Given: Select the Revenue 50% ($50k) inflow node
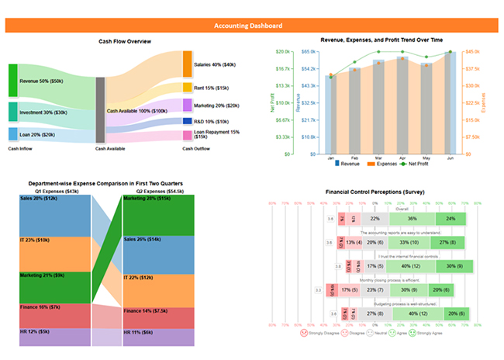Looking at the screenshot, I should pos(12,81).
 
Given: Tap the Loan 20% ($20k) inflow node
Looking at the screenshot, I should pos(12,134).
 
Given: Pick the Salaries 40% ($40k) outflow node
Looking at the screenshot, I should pos(187,64).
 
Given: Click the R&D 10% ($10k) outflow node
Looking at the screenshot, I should pos(187,121).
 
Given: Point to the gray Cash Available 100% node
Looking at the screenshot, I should pos(100,110).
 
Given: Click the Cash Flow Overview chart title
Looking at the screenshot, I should pos(125,41).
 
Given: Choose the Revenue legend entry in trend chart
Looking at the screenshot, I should pos(350,164).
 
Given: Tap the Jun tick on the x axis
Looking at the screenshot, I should pos(450,157).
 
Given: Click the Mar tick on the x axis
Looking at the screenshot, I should pos(378,157).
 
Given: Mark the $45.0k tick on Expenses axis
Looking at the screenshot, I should pos(472,51).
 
